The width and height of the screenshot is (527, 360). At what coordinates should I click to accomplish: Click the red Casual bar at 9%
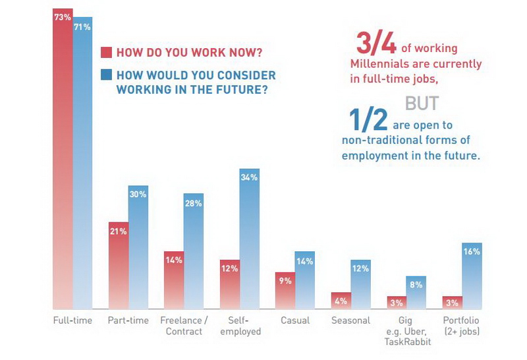(x=285, y=290)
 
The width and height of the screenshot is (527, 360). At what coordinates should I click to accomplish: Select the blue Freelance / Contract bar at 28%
(x=194, y=251)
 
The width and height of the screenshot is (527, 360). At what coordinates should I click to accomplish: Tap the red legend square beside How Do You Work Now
(x=106, y=53)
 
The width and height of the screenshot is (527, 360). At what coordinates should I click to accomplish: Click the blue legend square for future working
(x=106, y=76)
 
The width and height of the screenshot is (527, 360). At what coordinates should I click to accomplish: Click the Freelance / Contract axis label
(x=184, y=326)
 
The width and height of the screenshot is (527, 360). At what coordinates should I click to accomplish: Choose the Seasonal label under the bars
(x=350, y=320)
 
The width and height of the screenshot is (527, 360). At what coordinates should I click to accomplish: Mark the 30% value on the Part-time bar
(x=138, y=195)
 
